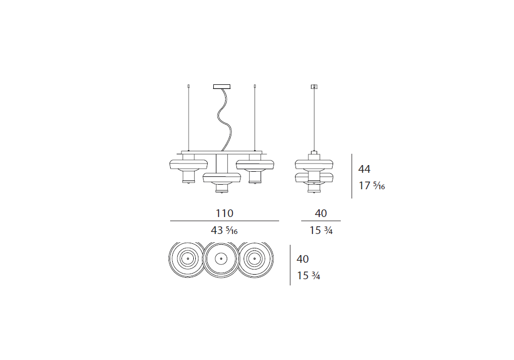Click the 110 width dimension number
click(225, 213)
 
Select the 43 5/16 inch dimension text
click(224, 230)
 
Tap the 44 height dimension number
click(364, 169)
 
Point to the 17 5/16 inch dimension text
click(372, 186)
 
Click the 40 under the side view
click(321, 213)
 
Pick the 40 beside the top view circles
click(303, 259)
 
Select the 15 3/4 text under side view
click(321, 230)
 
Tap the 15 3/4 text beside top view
click(308, 276)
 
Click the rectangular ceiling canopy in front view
click(222, 87)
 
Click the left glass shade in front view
click(189, 164)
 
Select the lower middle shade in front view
click(222, 178)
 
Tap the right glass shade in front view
click(255, 165)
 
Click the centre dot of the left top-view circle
click(188, 259)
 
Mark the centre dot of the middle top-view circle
click(221, 259)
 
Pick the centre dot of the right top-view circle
click(254, 259)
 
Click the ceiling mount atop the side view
click(314, 87)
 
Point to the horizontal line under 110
click(225, 221)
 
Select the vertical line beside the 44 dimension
click(352, 176)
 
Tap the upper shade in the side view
click(314, 165)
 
